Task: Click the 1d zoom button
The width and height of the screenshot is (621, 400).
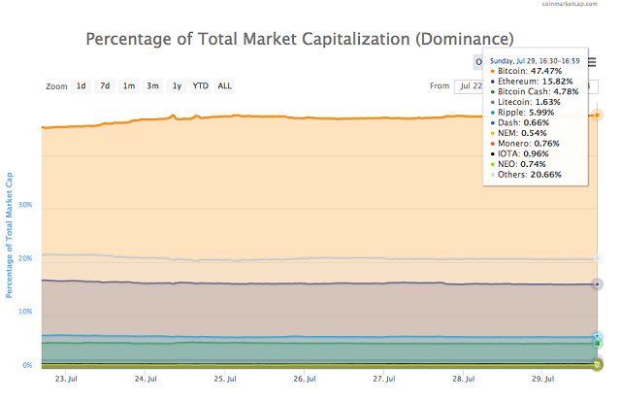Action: [82, 85]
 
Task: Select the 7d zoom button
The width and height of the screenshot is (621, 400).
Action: [105, 85]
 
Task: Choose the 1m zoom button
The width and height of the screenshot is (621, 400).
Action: [129, 85]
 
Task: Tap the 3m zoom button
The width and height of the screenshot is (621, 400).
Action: [153, 85]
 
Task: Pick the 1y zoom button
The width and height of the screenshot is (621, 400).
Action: [177, 85]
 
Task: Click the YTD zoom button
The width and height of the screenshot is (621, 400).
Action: [200, 85]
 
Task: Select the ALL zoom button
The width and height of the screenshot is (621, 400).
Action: [224, 85]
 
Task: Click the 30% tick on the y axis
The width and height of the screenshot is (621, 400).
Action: [25, 205]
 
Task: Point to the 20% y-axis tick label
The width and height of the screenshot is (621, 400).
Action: [25, 258]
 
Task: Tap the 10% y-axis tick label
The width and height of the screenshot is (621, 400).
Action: [25, 312]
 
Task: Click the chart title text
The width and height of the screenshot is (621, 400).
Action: [299, 40]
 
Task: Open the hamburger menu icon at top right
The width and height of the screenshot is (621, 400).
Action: [591, 62]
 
